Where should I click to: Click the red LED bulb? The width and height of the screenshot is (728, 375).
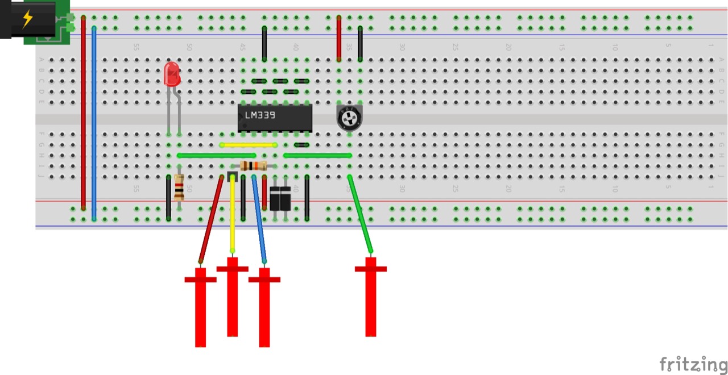172,74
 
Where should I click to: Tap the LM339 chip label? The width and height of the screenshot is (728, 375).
260,115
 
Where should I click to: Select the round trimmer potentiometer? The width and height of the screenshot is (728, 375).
349,118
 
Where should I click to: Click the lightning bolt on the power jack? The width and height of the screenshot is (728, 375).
27,19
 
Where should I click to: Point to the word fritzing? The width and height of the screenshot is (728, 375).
693,364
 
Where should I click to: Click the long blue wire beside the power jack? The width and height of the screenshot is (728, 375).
94,122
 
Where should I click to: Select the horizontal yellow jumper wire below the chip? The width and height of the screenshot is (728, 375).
249,145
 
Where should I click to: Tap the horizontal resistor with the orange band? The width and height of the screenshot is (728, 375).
254,166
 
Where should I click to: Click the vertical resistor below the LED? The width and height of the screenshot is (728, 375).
179,188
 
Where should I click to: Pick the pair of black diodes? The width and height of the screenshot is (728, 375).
280,199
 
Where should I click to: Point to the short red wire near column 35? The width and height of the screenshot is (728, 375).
339,38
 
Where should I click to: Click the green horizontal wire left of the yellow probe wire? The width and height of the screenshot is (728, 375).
216,155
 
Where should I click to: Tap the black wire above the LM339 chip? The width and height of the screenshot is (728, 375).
264,43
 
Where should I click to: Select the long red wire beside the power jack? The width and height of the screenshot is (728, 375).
84,114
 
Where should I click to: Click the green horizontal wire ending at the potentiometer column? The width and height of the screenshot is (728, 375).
317,155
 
